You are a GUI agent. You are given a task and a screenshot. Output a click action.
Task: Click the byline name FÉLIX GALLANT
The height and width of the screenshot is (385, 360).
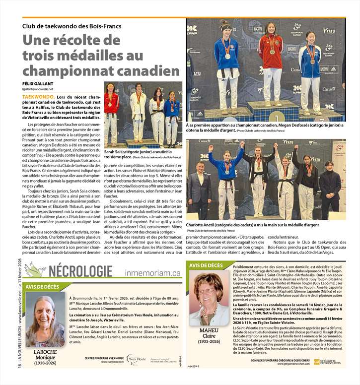pyautogui.click(x=38, y=83)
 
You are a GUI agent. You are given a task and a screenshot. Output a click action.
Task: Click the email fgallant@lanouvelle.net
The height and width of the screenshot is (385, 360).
pyautogui.click(x=38, y=89)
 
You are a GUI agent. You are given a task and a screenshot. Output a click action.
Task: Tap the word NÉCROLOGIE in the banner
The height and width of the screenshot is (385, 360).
pyautogui.click(x=81, y=271)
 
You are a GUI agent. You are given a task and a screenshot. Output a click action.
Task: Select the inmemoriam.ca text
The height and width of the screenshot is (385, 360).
pyautogui.click(x=152, y=272)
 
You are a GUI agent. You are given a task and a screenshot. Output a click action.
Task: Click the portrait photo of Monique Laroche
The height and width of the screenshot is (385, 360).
pyautogui.click(x=45, y=319)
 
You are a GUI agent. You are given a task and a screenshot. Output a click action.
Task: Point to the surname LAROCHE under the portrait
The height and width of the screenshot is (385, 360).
pyautogui.click(x=45, y=352)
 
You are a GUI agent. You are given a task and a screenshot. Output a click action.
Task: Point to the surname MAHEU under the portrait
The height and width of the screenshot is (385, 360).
pyautogui.click(x=209, y=330)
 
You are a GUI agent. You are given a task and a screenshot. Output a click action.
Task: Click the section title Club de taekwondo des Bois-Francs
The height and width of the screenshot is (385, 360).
pyautogui.click(x=72, y=26)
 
